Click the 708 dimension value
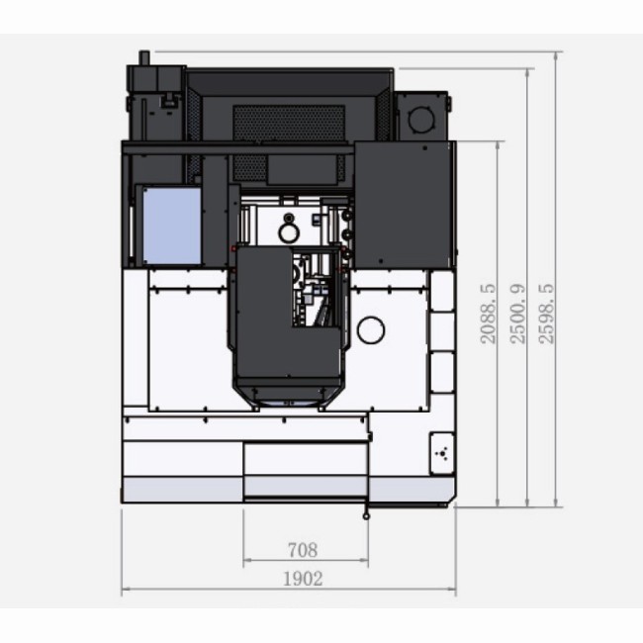pyautogui.click(x=303, y=550)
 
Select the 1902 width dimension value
pyautogui.click(x=303, y=579)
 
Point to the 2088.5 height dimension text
pyautogui.click(x=488, y=314)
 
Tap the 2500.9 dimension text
pyautogui.click(x=517, y=314)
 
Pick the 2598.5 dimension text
pyautogui.click(x=546, y=314)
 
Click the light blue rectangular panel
pyautogui.click(x=172, y=226)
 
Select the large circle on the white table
pyautogui.click(x=371, y=330)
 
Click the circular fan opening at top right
pyautogui.click(x=421, y=119)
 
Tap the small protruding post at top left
pyautogui.click(x=144, y=57)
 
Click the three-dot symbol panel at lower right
pyautogui.click(x=442, y=453)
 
